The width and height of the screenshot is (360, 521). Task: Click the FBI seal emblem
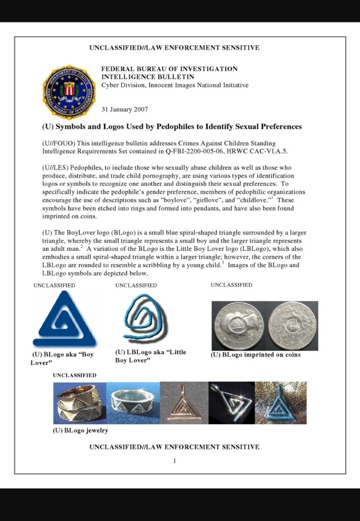69,92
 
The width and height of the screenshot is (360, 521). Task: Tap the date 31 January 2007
125,109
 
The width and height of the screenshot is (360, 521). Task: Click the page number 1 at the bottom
174,461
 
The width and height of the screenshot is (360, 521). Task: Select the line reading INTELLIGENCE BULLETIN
148,77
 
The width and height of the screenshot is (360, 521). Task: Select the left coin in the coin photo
238,326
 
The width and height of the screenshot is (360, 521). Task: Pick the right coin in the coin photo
292,326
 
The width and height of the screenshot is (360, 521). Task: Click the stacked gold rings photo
79,402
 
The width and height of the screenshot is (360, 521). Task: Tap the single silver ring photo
133,402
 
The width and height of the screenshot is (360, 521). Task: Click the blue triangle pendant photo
281,402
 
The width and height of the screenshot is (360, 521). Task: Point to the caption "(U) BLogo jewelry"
80,430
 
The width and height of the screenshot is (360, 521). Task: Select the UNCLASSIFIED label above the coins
231,285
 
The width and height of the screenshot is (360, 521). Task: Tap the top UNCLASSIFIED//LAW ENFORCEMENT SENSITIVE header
174,48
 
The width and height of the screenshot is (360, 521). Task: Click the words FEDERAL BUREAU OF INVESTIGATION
170,69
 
